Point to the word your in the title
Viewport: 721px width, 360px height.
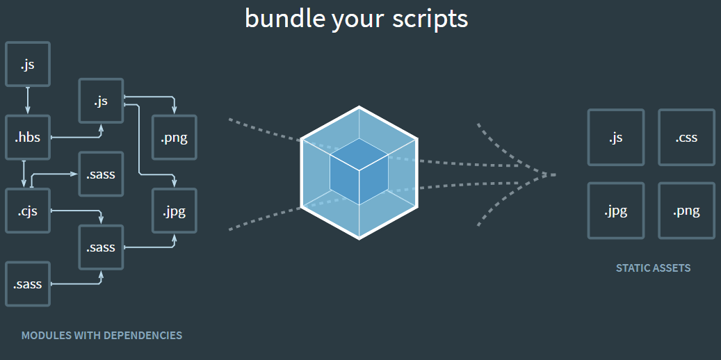(356, 19)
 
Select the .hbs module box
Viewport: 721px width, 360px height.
(28, 137)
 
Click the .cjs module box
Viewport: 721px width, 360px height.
(28, 210)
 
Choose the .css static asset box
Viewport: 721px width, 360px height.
(686, 137)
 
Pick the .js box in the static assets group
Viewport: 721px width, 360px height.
(615, 137)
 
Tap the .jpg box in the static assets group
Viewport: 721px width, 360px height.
(615, 211)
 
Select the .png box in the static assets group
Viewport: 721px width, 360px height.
(686, 211)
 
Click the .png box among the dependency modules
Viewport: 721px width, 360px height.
(175, 137)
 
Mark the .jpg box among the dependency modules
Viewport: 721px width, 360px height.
(175, 210)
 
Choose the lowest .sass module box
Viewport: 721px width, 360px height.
(28, 284)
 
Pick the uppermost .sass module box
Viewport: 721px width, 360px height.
(102, 174)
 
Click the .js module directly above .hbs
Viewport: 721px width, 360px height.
(28, 65)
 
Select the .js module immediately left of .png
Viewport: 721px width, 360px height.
(102, 101)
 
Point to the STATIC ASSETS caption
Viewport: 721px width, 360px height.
(653, 268)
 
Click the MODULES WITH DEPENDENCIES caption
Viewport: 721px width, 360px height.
(102, 336)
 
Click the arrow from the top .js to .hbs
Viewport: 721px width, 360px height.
(28, 100)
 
